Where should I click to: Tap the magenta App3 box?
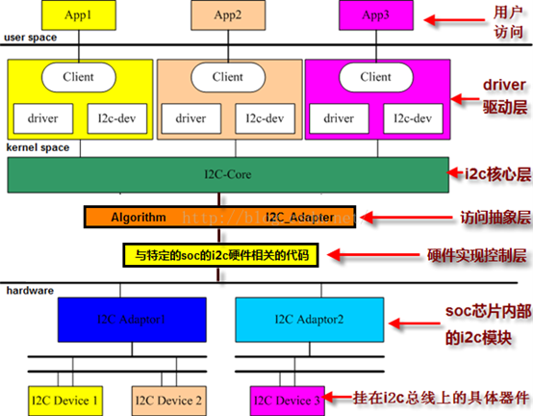point(376,15)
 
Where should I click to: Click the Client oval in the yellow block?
point(79,76)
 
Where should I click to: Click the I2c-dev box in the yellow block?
point(116,118)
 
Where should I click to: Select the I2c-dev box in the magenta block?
point(414,118)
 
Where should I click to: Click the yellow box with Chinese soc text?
point(218,255)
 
